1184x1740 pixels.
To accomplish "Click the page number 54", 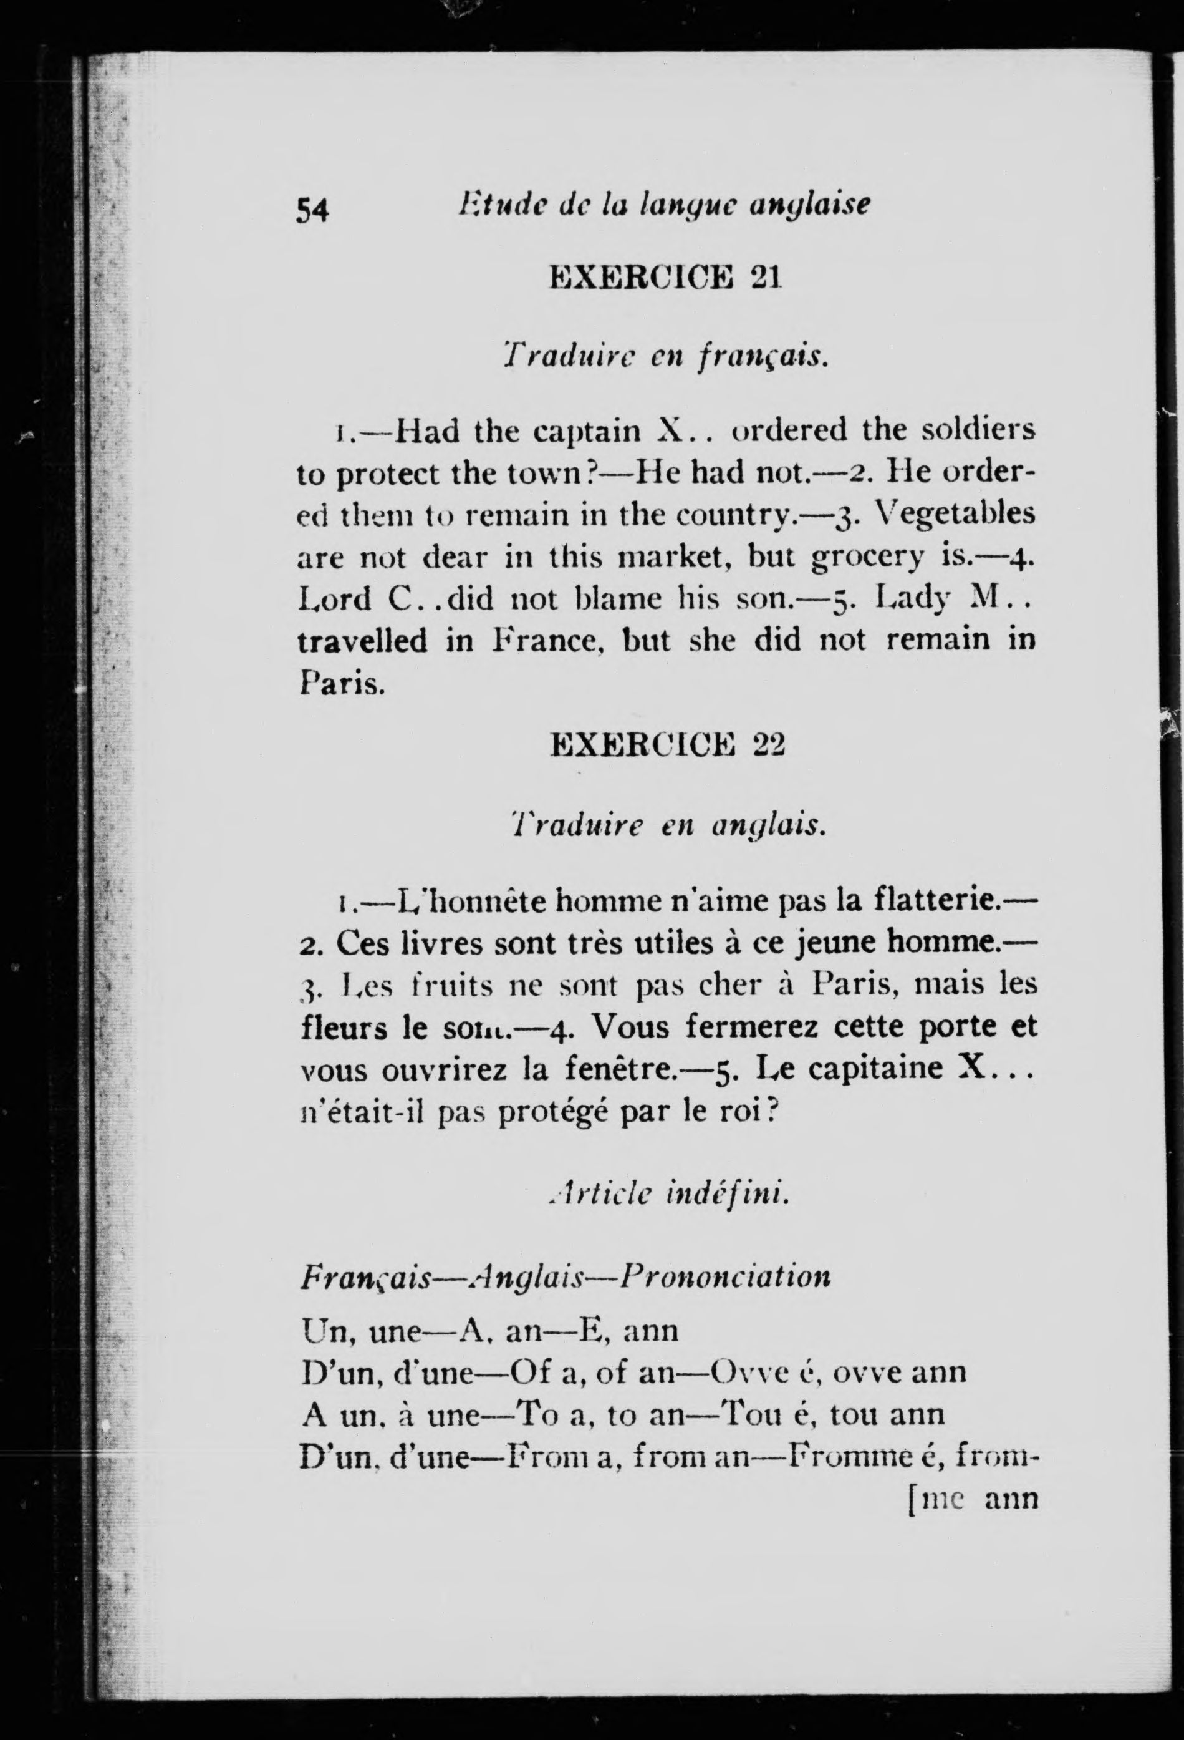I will tap(313, 210).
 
